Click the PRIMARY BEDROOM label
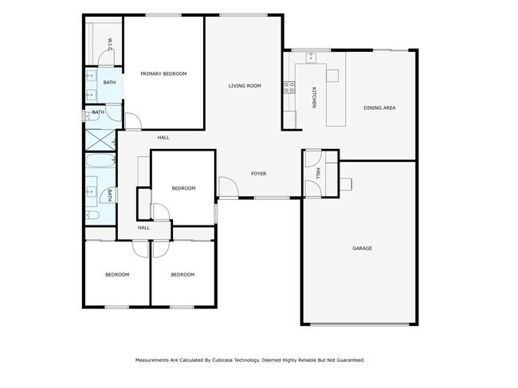coord(163,74)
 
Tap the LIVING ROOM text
coord(245,86)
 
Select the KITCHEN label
coord(314,97)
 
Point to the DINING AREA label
coord(379,108)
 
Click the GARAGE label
coord(362,249)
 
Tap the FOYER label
coord(258,174)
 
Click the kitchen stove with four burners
coord(288,88)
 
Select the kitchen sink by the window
coord(311,58)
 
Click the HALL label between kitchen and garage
coord(317,173)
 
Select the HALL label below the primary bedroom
coord(163,138)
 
